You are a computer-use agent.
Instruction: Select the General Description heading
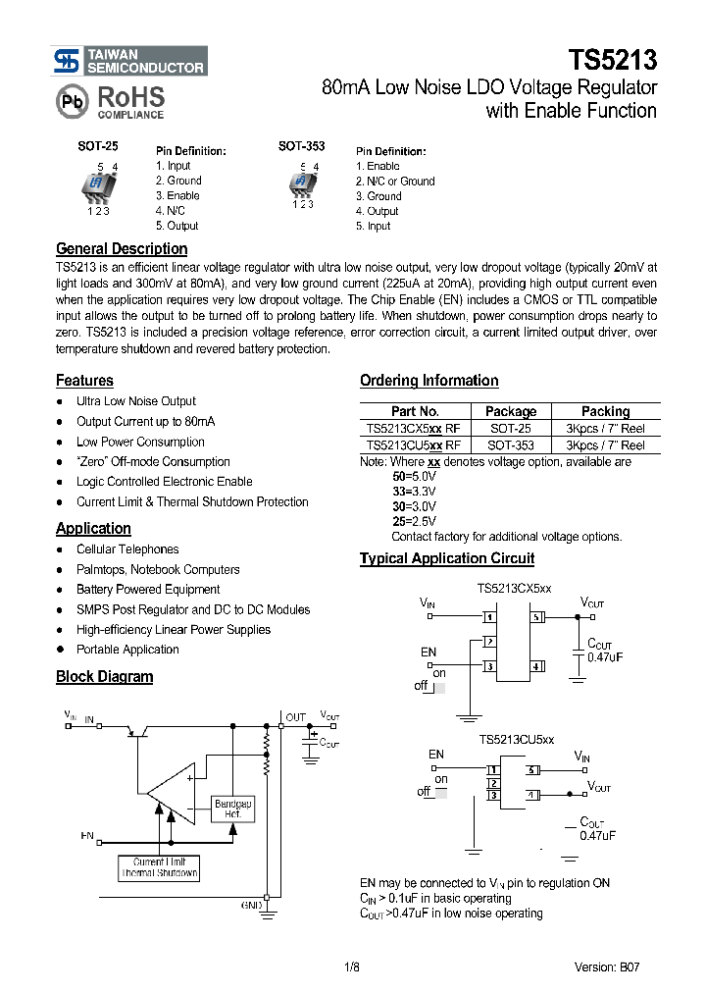pyautogui.click(x=122, y=249)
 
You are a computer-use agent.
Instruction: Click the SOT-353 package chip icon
pyautogui.click(x=302, y=183)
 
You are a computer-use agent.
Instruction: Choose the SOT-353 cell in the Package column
pyautogui.click(x=511, y=445)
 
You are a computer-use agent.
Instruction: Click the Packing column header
pyautogui.click(x=605, y=412)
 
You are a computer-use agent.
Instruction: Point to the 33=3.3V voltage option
pyautogui.click(x=414, y=490)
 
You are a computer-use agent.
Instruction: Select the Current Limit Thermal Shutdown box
pyautogui.click(x=160, y=866)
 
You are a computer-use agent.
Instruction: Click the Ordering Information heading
pyautogui.click(x=429, y=381)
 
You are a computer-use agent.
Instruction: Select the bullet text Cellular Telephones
pyautogui.click(x=127, y=549)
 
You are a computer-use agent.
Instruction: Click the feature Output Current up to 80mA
pyautogui.click(x=145, y=422)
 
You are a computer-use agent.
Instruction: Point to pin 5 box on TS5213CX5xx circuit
pyautogui.click(x=537, y=618)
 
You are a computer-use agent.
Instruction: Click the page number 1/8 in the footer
pyautogui.click(x=352, y=967)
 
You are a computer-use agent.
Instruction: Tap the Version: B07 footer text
pyautogui.click(x=607, y=967)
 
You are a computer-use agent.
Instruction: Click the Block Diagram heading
pyautogui.click(x=104, y=677)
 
